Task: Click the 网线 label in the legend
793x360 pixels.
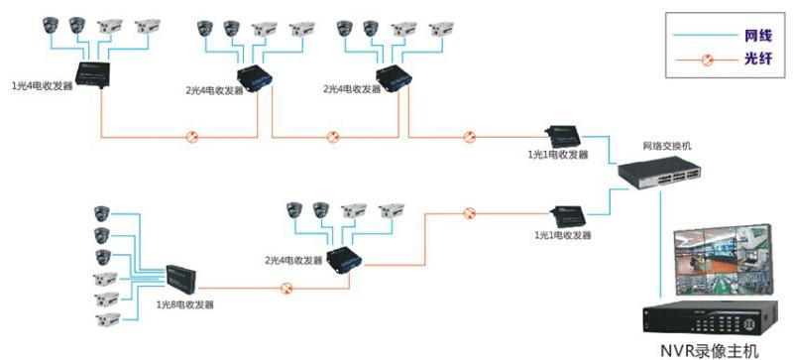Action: pos(754,36)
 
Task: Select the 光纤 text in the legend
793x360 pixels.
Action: pos(754,60)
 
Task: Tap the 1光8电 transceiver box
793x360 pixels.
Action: pos(184,276)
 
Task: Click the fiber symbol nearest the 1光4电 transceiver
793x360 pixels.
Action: pos(192,137)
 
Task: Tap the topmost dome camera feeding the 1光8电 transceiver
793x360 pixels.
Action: pos(100,211)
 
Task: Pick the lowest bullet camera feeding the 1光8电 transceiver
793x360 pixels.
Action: pos(105,320)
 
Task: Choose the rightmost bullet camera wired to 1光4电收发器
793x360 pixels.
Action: pos(146,25)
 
